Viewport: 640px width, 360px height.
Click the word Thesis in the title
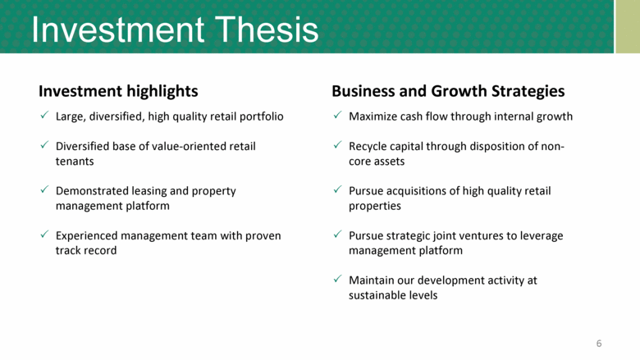click(x=266, y=30)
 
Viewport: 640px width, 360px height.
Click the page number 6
click(x=599, y=344)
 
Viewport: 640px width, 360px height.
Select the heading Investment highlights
click(x=118, y=91)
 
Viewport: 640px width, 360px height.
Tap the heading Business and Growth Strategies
click(x=448, y=91)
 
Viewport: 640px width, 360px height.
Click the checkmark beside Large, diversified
click(x=44, y=116)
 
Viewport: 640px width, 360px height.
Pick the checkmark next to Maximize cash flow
click(x=337, y=116)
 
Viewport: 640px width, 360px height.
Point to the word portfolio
click(x=261, y=117)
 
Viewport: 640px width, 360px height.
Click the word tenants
click(x=75, y=162)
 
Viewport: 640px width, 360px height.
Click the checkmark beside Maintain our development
click(x=337, y=280)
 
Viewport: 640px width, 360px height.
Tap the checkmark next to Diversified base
click(x=44, y=145)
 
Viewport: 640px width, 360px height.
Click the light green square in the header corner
click(x=628, y=26)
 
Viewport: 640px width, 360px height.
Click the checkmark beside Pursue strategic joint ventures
click(x=337, y=235)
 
